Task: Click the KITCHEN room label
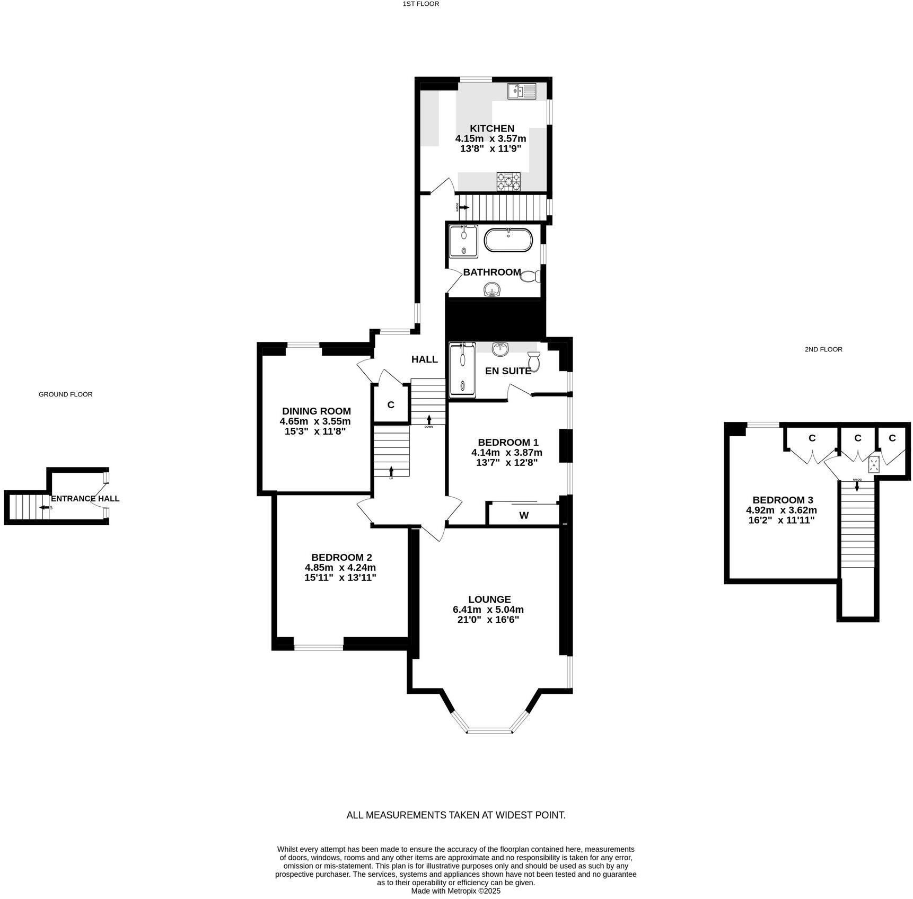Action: point(491,128)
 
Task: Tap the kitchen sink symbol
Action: point(522,91)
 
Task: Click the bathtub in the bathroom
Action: point(507,240)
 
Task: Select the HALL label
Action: point(424,359)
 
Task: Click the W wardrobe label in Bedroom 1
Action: point(524,515)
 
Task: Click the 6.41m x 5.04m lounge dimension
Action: point(488,610)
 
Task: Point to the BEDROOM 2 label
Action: point(341,557)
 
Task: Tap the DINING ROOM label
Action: point(316,411)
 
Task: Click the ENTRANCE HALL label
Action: point(85,498)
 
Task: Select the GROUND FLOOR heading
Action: point(65,394)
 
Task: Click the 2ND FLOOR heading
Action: point(823,349)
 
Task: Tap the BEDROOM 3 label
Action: point(782,500)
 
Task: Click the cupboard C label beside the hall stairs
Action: point(391,405)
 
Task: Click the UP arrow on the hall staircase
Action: point(391,471)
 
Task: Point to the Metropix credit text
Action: point(455,891)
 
